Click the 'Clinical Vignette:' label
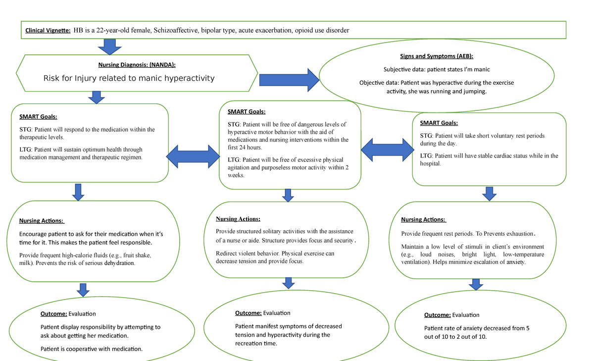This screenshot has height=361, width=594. (x=48, y=31)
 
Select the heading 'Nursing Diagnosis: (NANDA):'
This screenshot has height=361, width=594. (x=136, y=64)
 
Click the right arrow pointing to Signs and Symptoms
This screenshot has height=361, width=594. (x=290, y=79)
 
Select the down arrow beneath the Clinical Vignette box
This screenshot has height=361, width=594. (x=109, y=47)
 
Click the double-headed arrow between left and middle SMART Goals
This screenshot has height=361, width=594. (x=194, y=157)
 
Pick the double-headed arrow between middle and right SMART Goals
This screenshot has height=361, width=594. (x=387, y=148)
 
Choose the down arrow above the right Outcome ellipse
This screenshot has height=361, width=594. (x=476, y=284)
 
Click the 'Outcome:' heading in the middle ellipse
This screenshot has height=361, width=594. (x=248, y=313)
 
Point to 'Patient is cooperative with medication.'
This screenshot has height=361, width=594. (x=92, y=349)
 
